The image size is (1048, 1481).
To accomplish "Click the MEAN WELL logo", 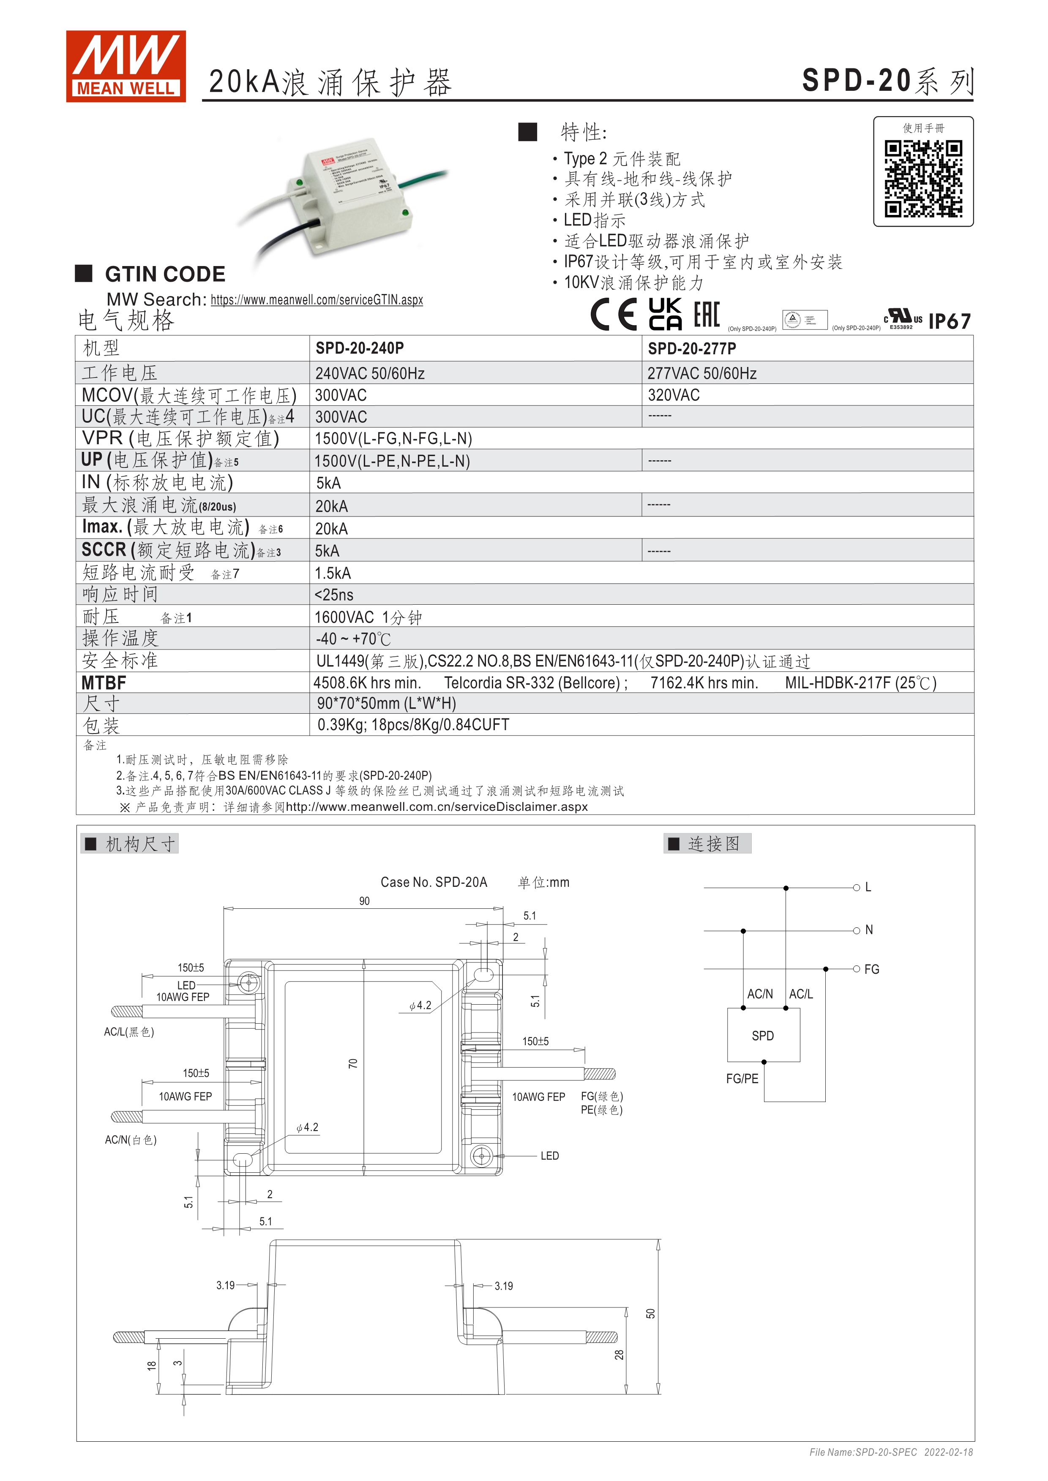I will tap(126, 66).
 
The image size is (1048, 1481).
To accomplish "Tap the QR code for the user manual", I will tap(923, 179).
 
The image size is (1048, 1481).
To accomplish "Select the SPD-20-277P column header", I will tap(692, 348).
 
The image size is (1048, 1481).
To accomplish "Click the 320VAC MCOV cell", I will tap(674, 395).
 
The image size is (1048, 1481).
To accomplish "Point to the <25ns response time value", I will tap(334, 595).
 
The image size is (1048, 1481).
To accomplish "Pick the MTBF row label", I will tap(104, 682).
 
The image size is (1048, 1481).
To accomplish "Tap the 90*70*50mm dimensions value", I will tap(386, 703).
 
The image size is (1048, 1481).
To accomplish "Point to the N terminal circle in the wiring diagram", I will tap(856, 930).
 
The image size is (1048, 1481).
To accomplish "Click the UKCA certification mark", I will tap(665, 314).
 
